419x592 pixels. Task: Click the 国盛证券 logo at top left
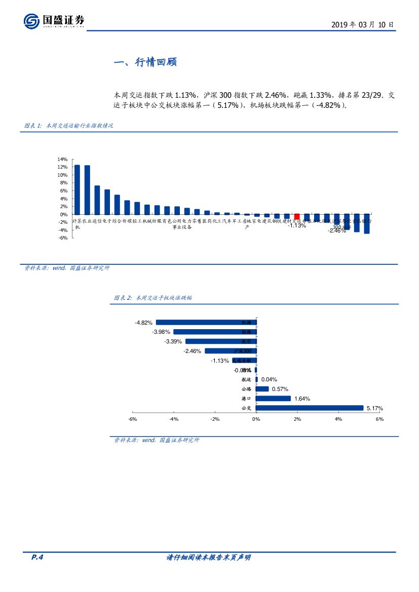coord(54,21)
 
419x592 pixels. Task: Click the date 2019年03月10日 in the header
coord(362,24)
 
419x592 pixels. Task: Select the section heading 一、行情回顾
coord(145,63)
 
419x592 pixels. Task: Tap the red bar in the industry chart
coord(297,216)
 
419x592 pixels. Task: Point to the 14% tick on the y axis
coord(63,159)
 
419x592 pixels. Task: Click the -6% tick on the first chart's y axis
coord(63,238)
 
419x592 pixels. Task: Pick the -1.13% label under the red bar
coord(297,226)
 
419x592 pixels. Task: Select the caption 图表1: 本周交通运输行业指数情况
coord(68,126)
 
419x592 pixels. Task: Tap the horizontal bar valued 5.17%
coord(310,408)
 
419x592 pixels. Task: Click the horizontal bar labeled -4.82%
coord(206,322)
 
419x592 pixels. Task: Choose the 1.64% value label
coord(302,399)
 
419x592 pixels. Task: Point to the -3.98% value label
coord(162,332)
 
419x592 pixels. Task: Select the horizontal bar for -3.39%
coord(221,341)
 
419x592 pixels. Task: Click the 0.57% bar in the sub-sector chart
coord(262,389)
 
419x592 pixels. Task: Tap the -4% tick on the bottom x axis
coord(174,419)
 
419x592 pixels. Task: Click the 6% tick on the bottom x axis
coord(379,419)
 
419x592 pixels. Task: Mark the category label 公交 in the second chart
coord(247,408)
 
